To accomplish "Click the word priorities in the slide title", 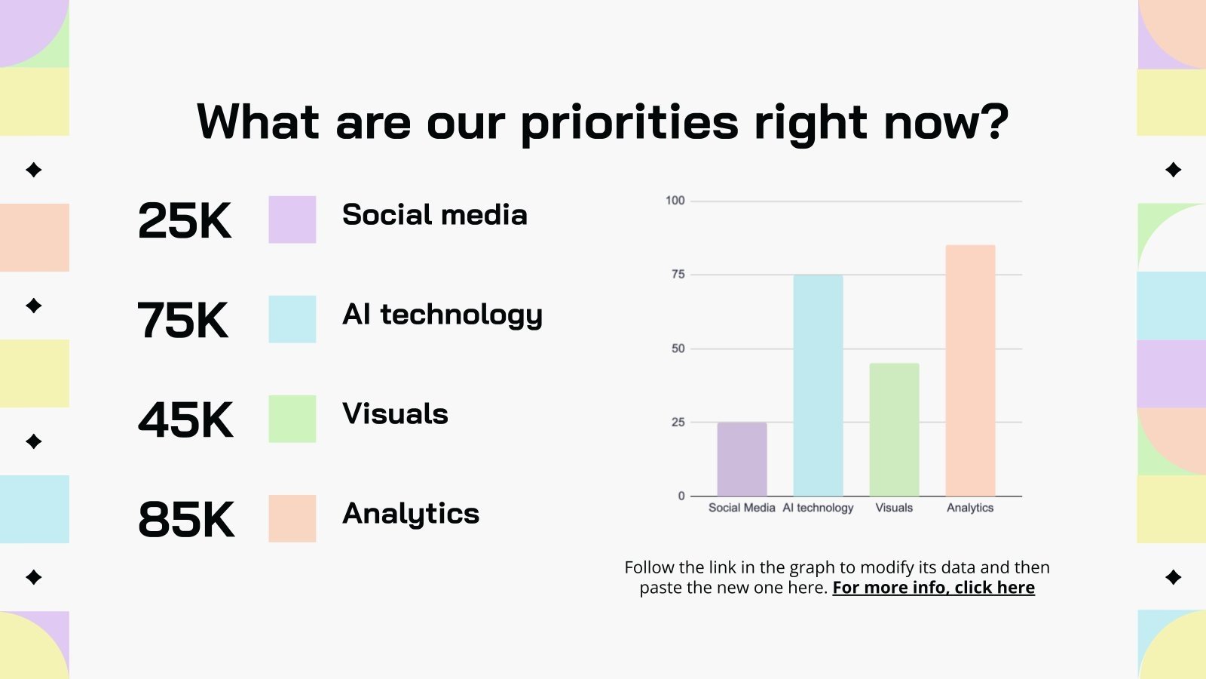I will (x=629, y=123).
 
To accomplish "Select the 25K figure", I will (x=185, y=221).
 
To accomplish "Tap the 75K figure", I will (x=183, y=321).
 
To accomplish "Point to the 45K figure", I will (x=185, y=420).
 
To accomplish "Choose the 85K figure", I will (x=186, y=520).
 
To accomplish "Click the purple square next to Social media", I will (x=292, y=220).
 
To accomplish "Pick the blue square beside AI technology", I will (x=292, y=319).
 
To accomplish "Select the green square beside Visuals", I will (x=292, y=419).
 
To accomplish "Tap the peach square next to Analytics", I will (x=292, y=518).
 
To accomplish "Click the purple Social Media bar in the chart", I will (x=742, y=459).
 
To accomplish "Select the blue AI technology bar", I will (x=818, y=385).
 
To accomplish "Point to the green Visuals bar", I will (x=894, y=429).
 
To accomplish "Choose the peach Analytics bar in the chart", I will (x=970, y=370).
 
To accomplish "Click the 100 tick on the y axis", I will (x=675, y=201).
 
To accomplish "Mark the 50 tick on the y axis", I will (x=678, y=349).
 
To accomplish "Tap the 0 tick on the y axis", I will (x=681, y=496).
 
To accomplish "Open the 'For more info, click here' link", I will (x=933, y=588).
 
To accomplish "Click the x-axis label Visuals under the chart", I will (x=894, y=508).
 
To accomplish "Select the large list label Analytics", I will (x=411, y=514).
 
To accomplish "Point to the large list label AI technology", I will (x=442, y=315).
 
